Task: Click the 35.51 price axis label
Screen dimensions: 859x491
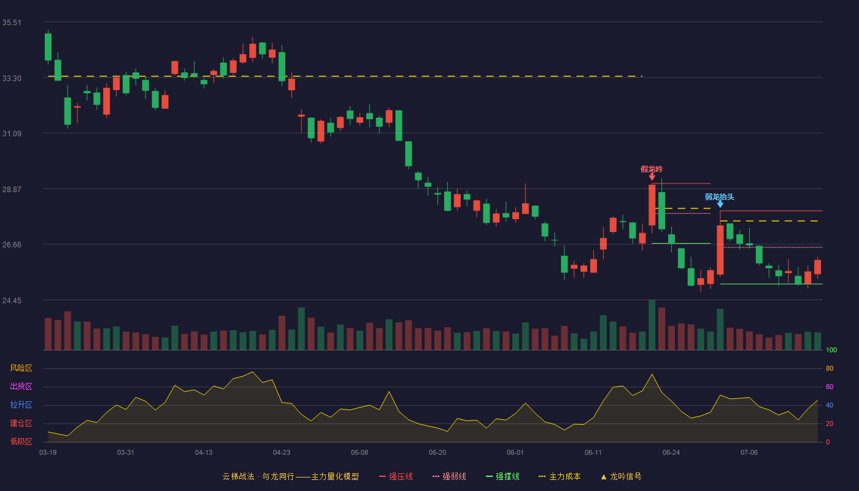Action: click(12, 23)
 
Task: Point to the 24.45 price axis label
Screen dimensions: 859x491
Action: click(12, 300)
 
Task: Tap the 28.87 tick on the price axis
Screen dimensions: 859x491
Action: click(12, 189)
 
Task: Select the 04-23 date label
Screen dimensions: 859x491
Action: click(282, 453)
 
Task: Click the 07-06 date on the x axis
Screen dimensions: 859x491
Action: click(749, 453)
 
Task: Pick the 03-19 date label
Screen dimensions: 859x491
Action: click(48, 453)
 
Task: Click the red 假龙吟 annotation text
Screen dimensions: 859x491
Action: click(652, 169)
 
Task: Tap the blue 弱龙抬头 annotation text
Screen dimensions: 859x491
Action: click(719, 197)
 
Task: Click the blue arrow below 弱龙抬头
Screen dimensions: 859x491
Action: click(720, 204)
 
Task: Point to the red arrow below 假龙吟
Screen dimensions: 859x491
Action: click(652, 177)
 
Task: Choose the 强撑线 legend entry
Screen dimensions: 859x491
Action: click(503, 476)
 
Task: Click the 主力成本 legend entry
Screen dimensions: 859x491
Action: click(560, 476)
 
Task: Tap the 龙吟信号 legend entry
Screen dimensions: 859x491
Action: click(621, 476)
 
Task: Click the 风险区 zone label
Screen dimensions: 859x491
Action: click(21, 368)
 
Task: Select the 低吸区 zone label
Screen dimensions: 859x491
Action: click(21, 442)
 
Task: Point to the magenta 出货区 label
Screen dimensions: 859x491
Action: click(21, 386)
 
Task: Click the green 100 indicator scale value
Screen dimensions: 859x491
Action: click(831, 350)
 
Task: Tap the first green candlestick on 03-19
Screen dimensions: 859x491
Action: click(48, 47)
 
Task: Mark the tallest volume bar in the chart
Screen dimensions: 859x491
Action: click(652, 325)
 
